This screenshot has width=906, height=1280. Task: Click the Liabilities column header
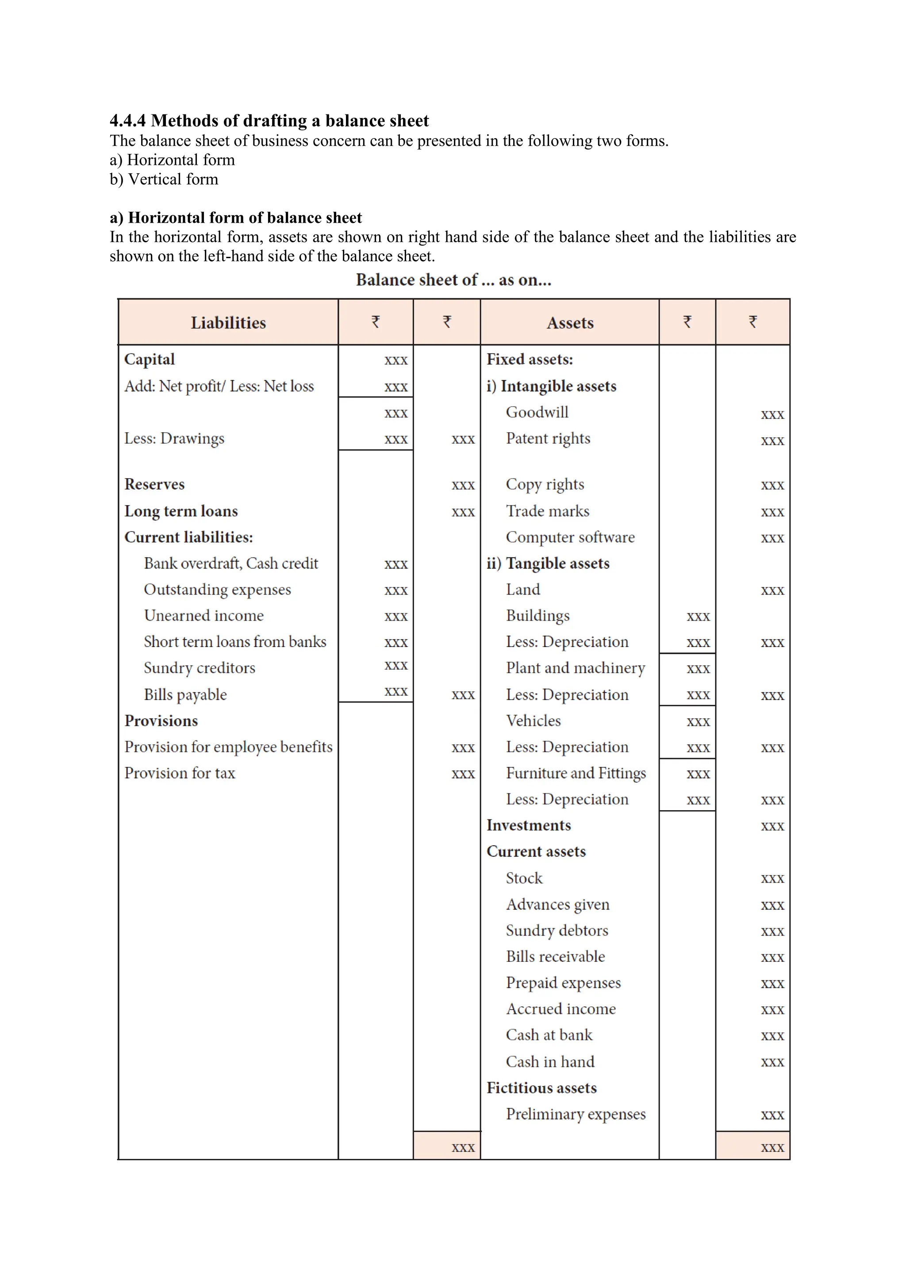tap(228, 323)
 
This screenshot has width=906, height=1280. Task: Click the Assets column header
tap(570, 323)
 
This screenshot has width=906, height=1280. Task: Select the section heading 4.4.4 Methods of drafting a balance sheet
tap(269, 121)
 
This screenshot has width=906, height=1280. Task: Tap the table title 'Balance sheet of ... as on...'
tap(453, 280)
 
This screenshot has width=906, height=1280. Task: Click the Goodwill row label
tap(537, 412)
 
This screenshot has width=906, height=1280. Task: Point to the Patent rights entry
tap(548, 439)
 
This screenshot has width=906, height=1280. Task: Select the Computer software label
tap(570, 537)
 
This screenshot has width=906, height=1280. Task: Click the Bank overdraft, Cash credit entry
tap(231, 564)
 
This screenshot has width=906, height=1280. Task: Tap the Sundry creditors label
tap(199, 668)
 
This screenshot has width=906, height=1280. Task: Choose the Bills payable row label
tap(185, 695)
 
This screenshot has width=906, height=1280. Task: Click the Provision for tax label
tap(180, 773)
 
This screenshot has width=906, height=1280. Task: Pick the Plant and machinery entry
tap(575, 668)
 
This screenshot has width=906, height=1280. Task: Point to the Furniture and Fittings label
tap(576, 773)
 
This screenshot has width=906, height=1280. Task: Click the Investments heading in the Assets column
tap(528, 826)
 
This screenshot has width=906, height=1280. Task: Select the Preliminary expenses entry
tap(576, 1114)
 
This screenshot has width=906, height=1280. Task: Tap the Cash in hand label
tap(550, 1062)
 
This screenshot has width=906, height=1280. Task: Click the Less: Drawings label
tap(174, 439)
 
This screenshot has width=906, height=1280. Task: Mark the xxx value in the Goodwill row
tap(772, 414)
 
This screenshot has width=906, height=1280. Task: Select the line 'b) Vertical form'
tap(164, 179)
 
